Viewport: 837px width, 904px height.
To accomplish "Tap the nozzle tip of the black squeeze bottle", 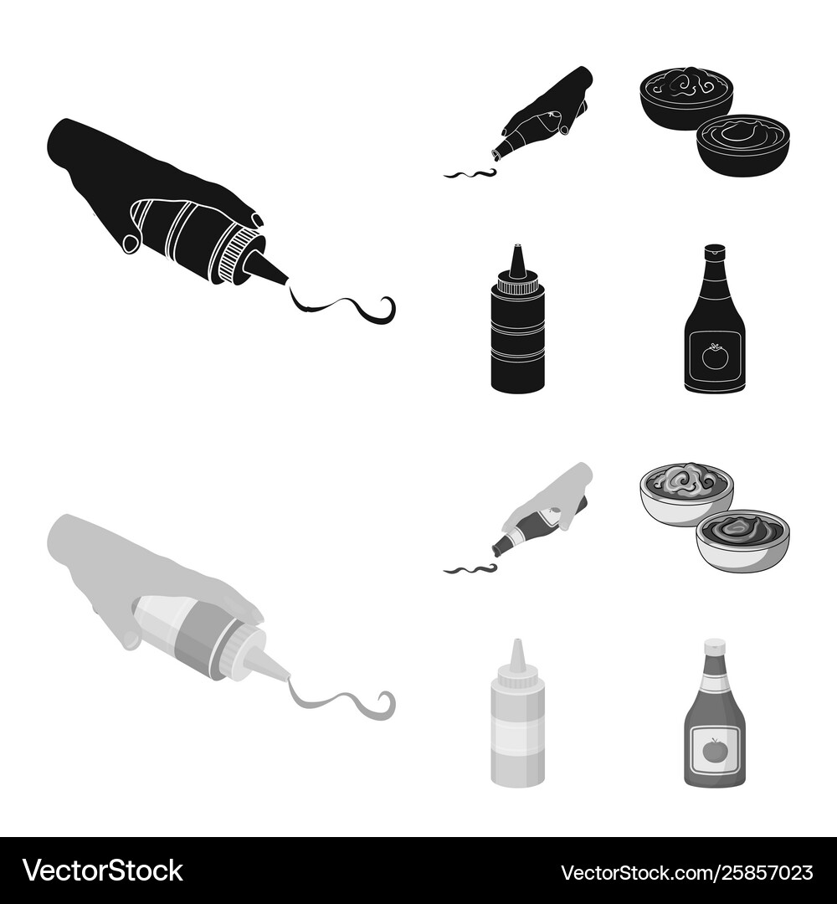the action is point(516,247).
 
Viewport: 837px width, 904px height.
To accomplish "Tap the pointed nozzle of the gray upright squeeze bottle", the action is point(517,655).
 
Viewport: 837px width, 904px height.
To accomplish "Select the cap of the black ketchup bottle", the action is point(715,250).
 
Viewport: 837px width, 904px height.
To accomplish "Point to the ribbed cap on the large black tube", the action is point(234,257).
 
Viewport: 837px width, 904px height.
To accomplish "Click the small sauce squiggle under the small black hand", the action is point(470,173).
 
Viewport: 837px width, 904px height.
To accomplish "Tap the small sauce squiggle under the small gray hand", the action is point(470,570).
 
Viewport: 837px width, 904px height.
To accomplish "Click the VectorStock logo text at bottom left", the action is point(103,871).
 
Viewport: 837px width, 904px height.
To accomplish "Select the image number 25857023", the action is point(769,872).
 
